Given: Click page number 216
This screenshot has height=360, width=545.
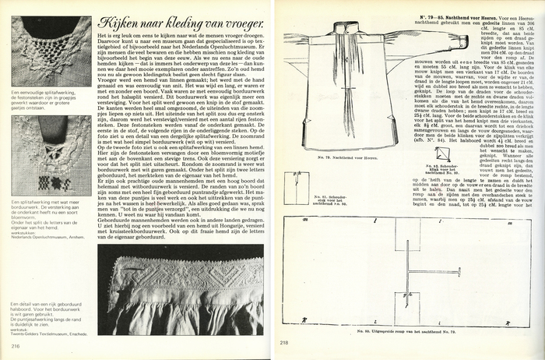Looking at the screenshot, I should click(15, 346).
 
